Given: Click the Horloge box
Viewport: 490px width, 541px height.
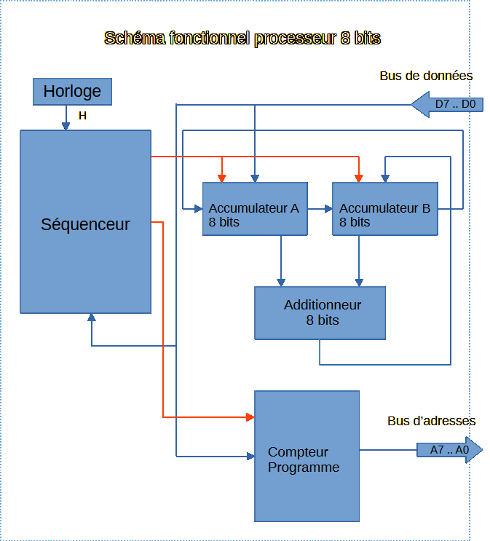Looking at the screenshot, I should pos(71,92).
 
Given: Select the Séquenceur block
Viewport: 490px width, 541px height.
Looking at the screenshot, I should pos(85,222).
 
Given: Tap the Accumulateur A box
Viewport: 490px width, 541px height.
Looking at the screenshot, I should pos(255,209).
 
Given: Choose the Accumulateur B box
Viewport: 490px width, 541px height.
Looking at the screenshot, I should pos(384,209).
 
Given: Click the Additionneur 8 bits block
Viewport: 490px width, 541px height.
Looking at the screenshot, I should pos(320,312).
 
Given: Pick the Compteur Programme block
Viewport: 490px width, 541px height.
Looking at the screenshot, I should pos(307,456).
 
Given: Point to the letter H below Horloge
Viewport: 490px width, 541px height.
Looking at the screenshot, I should pos(82,116).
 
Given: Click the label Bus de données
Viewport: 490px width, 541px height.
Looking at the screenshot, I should pos(426,76).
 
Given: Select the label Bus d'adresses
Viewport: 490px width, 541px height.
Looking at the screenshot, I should pos(431,421).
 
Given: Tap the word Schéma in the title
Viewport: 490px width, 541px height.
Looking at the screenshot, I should pos(135,38).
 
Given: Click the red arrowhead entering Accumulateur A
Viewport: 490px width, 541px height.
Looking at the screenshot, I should pos(223,178).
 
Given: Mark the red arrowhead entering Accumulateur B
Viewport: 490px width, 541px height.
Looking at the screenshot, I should pos(357,178).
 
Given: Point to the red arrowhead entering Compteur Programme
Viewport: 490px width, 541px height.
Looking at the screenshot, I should pos(250,417).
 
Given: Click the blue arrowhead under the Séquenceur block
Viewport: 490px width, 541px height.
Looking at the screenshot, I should pos(92,317).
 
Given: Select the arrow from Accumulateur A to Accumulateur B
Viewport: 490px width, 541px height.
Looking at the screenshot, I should pos(319,209).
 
